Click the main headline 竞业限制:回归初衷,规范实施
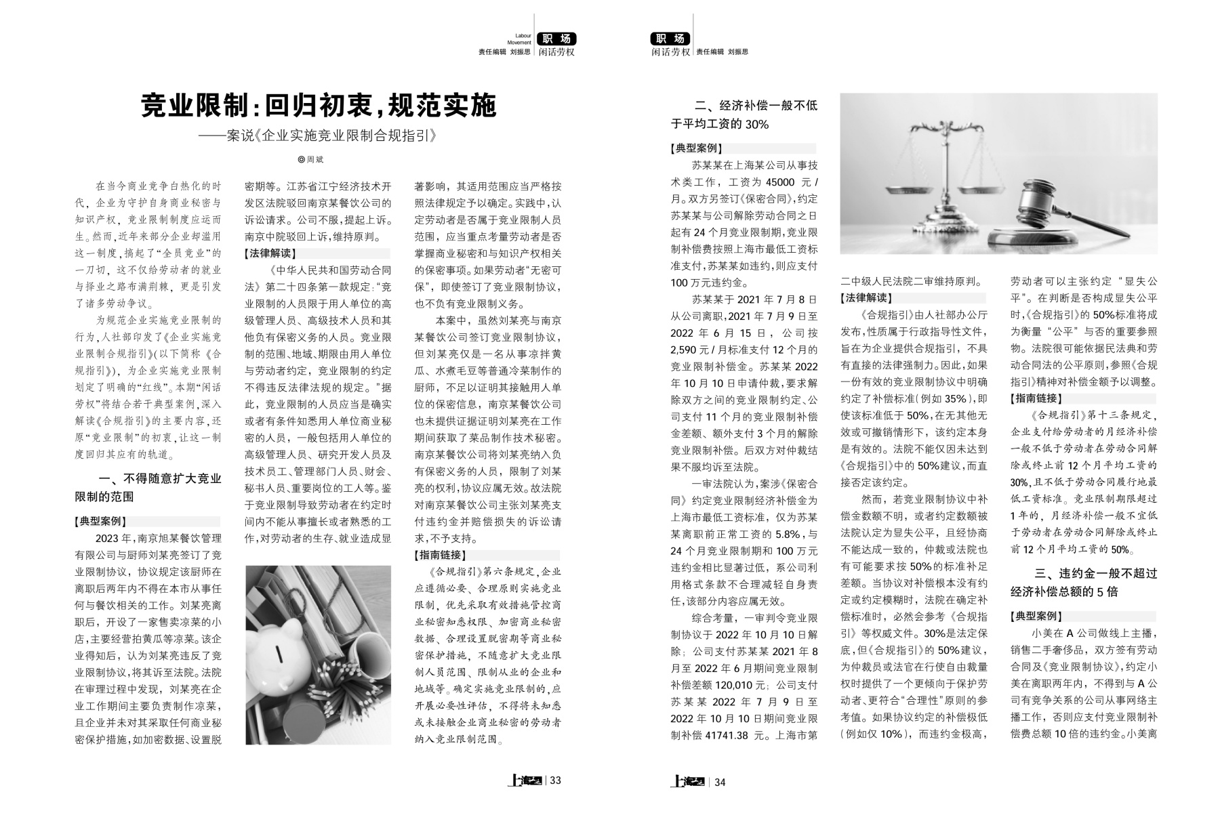coord(319,106)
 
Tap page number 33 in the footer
coord(555,780)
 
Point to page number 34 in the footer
coord(720,782)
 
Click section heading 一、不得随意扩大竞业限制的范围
coord(148,487)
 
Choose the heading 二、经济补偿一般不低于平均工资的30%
coord(744,114)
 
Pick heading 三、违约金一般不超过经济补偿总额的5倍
coord(1084,582)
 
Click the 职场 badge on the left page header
coord(556,39)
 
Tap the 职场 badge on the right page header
coord(670,39)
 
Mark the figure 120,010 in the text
coord(740,684)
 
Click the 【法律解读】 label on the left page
coord(270,253)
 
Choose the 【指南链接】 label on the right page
coord(1036,398)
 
